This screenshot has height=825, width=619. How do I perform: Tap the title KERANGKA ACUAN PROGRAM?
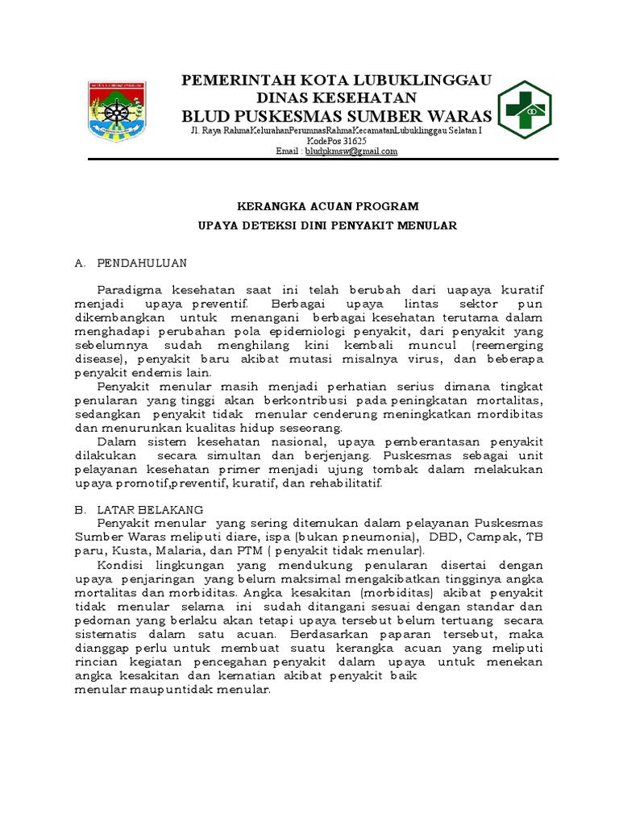tap(327, 206)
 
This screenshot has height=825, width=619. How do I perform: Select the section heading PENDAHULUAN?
tap(142, 263)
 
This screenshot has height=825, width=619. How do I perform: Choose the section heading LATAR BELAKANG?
tap(150, 510)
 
